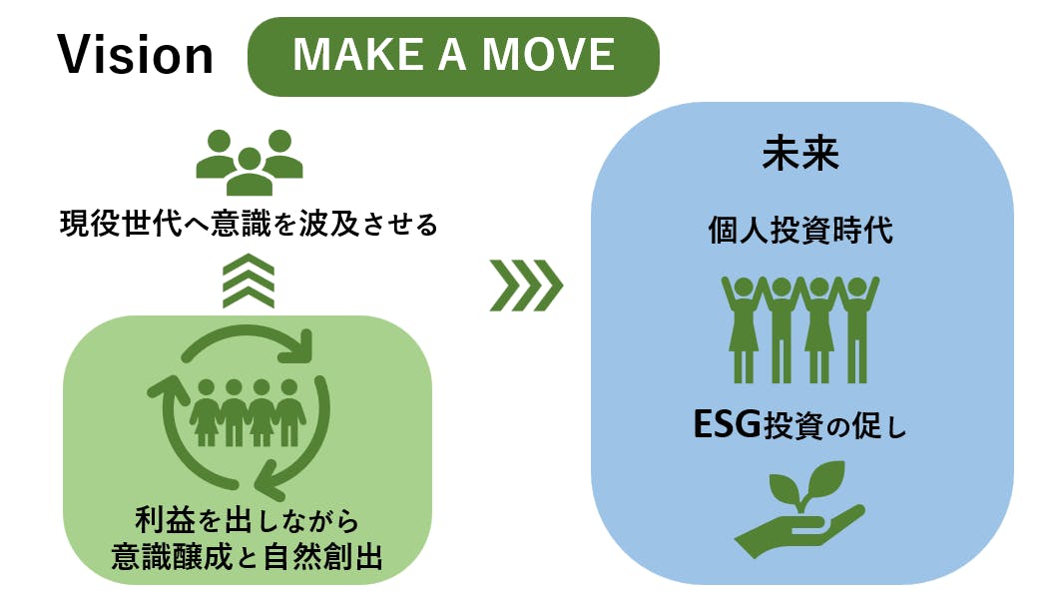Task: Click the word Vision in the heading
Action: (x=135, y=55)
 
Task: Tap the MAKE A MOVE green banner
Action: (x=454, y=57)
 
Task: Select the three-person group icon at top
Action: (x=250, y=162)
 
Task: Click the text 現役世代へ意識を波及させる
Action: (x=249, y=224)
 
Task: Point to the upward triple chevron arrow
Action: (x=249, y=281)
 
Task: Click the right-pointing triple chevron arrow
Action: (x=526, y=286)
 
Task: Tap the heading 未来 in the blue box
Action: (x=800, y=153)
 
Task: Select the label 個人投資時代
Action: (x=800, y=231)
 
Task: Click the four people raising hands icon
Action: (x=799, y=329)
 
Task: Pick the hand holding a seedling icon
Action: (x=799, y=509)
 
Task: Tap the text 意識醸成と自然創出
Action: (x=248, y=556)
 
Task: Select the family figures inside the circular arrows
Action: (x=248, y=412)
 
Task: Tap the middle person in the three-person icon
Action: (x=250, y=172)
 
